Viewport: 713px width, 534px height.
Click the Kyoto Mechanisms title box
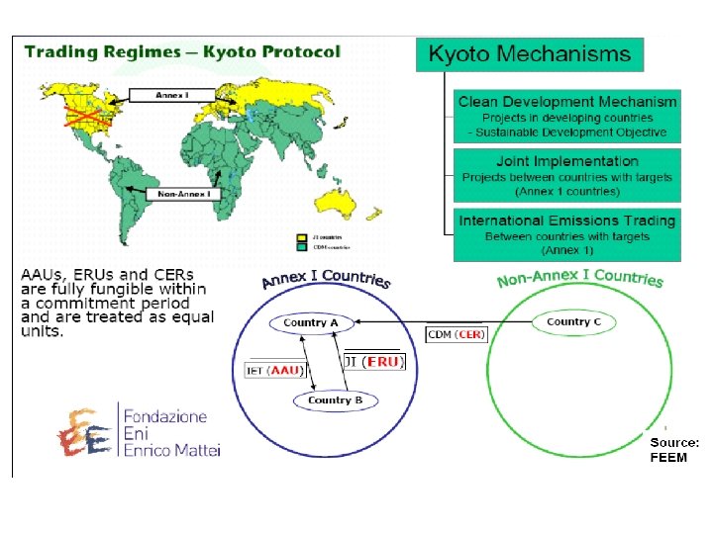pos(530,54)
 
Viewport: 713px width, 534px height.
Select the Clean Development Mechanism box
pos(567,117)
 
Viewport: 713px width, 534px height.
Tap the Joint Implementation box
pos(567,175)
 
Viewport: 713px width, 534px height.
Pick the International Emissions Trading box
pos(567,234)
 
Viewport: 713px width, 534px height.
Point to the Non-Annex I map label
pos(183,195)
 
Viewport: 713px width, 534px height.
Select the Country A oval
pos(311,322)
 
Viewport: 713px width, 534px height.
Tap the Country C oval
pos(573,321)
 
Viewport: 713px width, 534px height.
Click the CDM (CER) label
pos(456,335)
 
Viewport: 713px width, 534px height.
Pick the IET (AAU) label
pos(273,371)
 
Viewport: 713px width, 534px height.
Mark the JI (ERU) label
pos(374,362)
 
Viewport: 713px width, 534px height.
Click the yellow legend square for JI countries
pos(302,238)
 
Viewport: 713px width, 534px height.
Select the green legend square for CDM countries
pos(302,248)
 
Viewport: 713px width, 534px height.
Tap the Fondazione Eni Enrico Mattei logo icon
pos(83,431)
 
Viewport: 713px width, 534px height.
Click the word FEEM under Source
pos(668,458)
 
